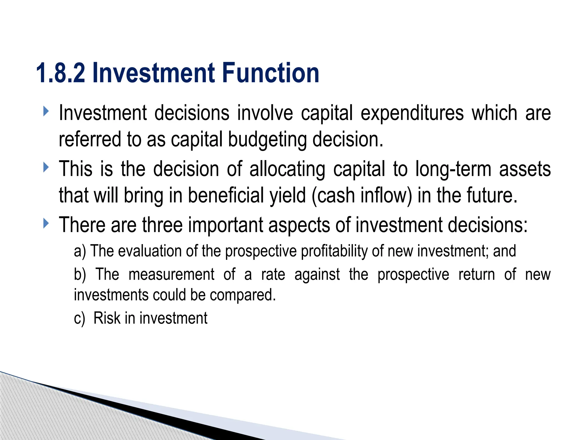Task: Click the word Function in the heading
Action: pyautogui.click(x=270, y=73)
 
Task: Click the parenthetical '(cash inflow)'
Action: pyautogui.click(x=361, y=196)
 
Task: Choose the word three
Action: pyautogui.click(x=162, y=225)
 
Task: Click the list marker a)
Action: pyautogui.click(x=80, y=251)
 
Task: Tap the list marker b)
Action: pyautogui.click(x=80, y=274)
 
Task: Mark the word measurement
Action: pyautogui.click(x=171, y=274)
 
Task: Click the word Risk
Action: pyautogui.click(x=107, y=318)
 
